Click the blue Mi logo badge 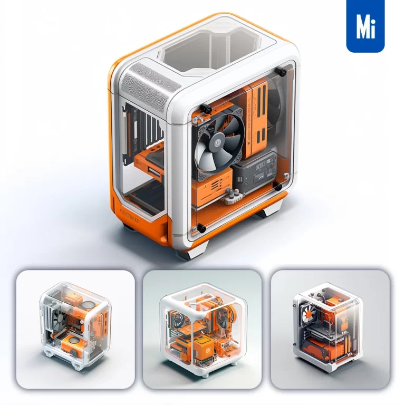coord(365,26)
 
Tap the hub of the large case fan coord(218,141)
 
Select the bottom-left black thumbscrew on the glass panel coord(200,228)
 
